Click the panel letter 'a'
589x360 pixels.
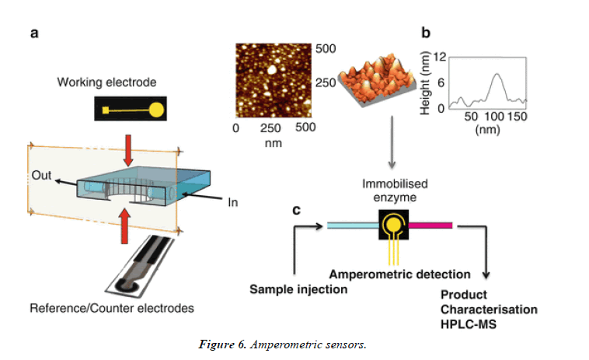34,33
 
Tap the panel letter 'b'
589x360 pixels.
426,33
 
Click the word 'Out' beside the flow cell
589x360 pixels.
42,176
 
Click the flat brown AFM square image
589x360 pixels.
274,79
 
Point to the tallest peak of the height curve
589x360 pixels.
496,75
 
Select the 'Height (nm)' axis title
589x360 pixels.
426,84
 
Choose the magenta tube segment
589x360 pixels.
430,225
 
